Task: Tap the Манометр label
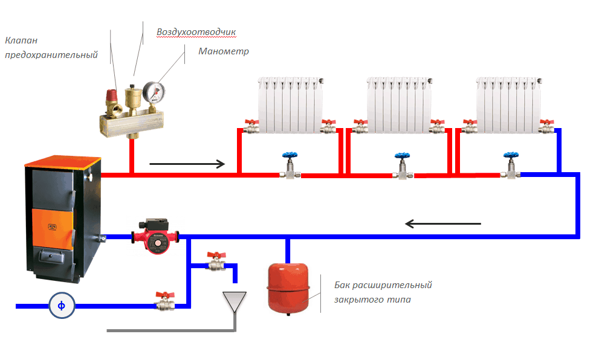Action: click(x=224, y=51)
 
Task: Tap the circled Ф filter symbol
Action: click(x=61, y=306)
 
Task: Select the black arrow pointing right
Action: click(x=187, y=163)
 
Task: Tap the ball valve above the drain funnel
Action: click(x=215, y=260)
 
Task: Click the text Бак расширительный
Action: click(x=383, y=284)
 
